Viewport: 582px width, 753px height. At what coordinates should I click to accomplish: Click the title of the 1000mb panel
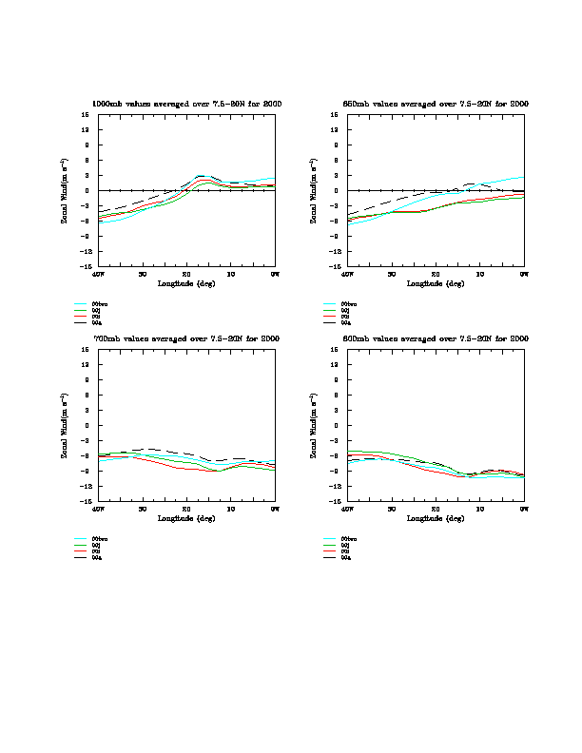(186, 103)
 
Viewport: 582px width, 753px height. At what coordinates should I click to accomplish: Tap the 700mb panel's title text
(186, 338)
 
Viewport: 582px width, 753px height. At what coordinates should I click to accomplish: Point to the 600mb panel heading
(436, 338)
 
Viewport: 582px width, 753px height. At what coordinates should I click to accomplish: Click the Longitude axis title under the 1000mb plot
(186, 283)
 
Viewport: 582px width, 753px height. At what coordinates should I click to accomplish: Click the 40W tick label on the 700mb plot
(98, 510)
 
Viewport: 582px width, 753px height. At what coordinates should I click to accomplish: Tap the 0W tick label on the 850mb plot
(524, 275)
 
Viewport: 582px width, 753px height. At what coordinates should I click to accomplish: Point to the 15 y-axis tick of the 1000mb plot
(86, 115)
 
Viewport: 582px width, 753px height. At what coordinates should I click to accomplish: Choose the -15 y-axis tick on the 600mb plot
(335, 501)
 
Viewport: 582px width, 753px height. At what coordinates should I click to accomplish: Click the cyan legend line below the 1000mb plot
(81, 304)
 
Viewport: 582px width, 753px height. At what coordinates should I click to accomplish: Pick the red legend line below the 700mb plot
(81, 551)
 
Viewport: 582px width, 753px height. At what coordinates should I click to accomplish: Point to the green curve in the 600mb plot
(380, 453)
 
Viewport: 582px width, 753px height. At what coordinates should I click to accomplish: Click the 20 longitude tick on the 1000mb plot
(186, 275)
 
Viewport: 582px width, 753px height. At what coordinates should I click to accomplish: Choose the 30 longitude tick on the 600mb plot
(391, 510)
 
